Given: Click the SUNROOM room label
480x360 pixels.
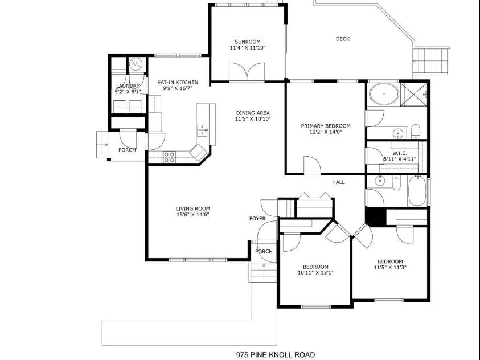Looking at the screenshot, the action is coord(247,42).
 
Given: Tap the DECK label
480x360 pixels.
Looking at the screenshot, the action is coord(343,39).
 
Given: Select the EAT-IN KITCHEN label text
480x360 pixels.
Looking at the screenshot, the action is coord(178,83).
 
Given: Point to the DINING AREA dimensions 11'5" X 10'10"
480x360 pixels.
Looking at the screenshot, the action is coord(253,119).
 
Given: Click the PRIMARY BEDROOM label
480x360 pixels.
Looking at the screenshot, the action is coord(326,126).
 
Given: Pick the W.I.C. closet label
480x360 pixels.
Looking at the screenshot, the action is coord(400,153).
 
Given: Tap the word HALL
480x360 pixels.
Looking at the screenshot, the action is coord(338,182).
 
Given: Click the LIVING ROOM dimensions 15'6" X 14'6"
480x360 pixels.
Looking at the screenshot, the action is coord(193,215).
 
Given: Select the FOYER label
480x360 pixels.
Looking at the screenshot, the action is coord(257,219).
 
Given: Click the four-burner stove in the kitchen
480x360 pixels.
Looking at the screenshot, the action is coord(169,157).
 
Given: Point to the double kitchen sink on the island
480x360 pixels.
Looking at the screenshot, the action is coord(202,130).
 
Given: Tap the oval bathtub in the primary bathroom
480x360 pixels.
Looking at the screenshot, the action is coord(384,93).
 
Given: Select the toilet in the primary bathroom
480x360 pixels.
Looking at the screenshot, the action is coord(416,132).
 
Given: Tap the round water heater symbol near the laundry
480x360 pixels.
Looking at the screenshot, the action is coord(136,64).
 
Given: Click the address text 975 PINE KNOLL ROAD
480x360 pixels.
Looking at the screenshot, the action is coord(275,355).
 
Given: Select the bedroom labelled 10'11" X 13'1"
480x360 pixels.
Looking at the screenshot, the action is coord(315,269).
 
